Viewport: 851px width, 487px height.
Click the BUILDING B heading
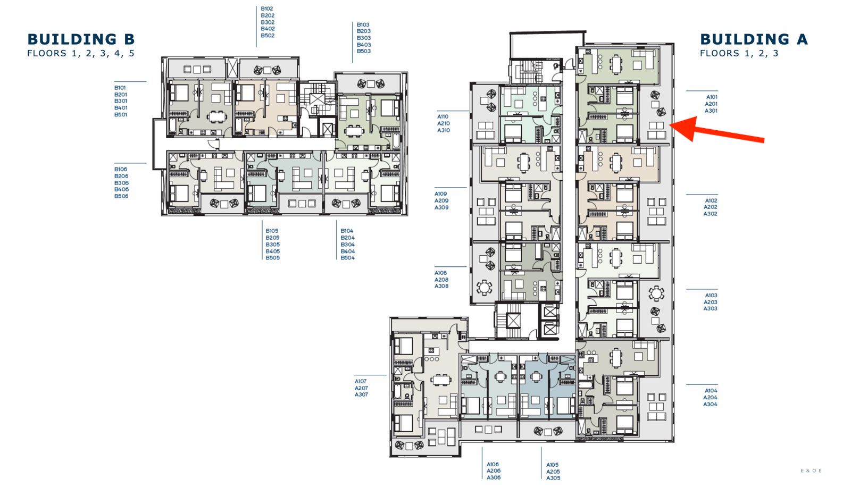coord(81,39)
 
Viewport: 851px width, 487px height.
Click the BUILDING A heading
coord(754,39)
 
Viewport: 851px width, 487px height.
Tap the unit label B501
coord(121,114)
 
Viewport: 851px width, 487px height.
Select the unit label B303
coord(364,38)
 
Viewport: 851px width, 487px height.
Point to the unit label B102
coord(267,9)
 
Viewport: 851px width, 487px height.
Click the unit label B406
coord(121,189)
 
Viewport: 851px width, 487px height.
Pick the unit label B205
coord(272,238)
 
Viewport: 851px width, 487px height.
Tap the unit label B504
coord(348,257)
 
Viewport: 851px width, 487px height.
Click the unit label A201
coord(711,104)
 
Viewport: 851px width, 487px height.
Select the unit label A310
coord(444,130)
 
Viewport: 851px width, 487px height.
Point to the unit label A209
coord(441,200)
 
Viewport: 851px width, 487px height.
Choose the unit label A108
coord(441,273)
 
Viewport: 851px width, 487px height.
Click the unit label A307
coord(361,394)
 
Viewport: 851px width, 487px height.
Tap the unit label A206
coord(494,471)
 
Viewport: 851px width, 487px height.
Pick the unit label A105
coord(553,465)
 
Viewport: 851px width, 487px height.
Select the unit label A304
coord(710,404)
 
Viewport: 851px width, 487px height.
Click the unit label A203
coord(711,302)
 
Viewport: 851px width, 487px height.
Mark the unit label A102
coord(711,200)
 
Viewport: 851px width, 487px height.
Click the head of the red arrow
coord(670,125)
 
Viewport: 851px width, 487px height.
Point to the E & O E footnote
coord(811,471)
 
